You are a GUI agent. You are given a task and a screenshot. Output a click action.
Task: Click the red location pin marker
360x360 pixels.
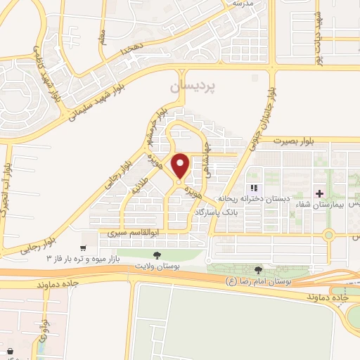pyautogui.click(x=180, y=166)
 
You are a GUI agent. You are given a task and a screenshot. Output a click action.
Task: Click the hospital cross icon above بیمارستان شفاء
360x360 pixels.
pyautogui.click(x=319, y=193)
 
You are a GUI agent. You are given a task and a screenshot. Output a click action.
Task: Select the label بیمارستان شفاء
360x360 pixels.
pyautogui.click(x=320, y=204)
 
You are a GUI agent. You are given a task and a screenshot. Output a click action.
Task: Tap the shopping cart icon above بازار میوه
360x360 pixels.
pyautogui.click(x=84, y=248)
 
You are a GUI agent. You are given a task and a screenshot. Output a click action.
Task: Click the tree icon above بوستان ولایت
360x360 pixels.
pyautogui.click(x=157, y=256)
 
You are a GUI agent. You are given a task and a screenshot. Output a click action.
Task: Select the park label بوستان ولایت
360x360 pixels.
pyautogui.click(x=157, y=267)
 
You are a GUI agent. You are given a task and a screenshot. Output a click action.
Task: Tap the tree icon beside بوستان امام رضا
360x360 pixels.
pyautogui.click(x=258, y=270)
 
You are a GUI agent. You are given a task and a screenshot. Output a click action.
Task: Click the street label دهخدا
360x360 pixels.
pyautogui.click(x=131, y=50)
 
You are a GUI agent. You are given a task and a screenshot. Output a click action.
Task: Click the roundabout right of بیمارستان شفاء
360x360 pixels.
pyautogui.click(x=328, y=236)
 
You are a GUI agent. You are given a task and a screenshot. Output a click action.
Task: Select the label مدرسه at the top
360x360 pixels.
pyautogui.click(x=241, y=4)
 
